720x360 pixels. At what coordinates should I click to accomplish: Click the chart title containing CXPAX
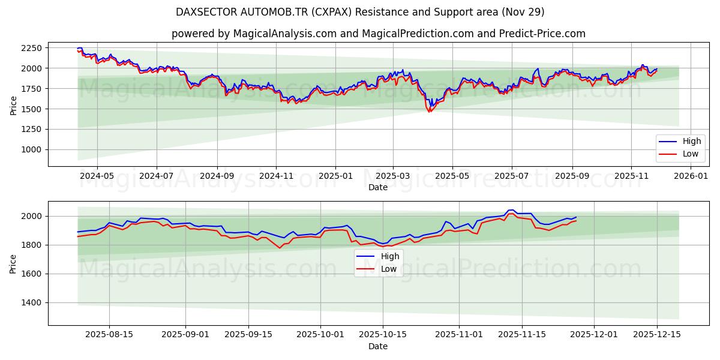pyautogui.click(x=360, y=12)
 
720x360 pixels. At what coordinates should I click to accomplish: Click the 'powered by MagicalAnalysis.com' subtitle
pyautogui.click(x=378, y=34)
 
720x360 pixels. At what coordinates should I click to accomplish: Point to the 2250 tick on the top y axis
pyautogui.click(x=29, y=48)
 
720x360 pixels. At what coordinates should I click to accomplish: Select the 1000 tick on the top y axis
pyautogui.click(x=29, y=149)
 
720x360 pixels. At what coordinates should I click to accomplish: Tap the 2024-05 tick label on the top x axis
pyautogui.click(x=97, y=176)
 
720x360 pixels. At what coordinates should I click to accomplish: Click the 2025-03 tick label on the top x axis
pyautogui.click(x=393, y=176)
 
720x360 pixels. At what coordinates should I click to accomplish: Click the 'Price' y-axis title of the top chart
pyautogui.click(x=13, y=104)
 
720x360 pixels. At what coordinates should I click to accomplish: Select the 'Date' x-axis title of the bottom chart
pyautogui.click(x=378, y=346)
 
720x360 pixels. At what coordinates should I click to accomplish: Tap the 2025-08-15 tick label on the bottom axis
pyautogui.click(x=109, y=335)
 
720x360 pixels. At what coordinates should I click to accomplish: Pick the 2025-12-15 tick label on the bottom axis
pyautogui.click(x=656, y=335)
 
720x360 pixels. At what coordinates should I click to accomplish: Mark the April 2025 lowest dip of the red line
pyautogui.click(x=429, y=112)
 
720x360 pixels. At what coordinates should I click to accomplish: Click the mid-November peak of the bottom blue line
pyautogui.click(x=512, y=210)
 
